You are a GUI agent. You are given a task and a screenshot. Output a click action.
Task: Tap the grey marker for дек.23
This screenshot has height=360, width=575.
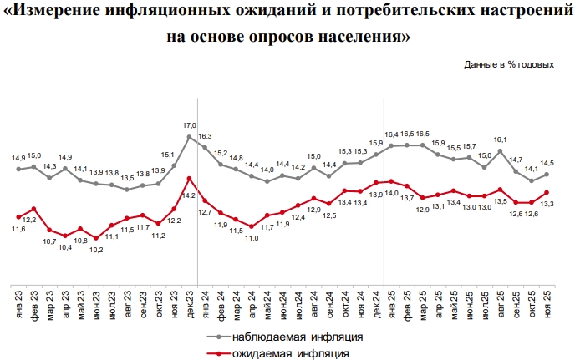pyautogui.click(x=190, y=136)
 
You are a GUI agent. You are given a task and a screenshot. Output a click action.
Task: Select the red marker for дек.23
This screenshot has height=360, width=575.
pyautogui.click(x=190, y=177)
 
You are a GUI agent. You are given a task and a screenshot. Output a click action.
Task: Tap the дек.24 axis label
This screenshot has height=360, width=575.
pyautogui.click(x=377, y=302)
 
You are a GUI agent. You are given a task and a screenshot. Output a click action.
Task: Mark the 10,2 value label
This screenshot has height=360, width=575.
pyautogui.click(x=97, y=248)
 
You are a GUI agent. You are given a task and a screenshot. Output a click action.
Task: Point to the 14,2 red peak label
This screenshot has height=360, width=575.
pyautogui.click(x=190, y=195)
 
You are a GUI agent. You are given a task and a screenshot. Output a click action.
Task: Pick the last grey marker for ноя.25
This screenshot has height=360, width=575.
pyautogui.click(x=547, y=174)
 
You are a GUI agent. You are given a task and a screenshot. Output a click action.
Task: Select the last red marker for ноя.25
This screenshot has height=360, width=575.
pyautogui.click(x=547, y=192)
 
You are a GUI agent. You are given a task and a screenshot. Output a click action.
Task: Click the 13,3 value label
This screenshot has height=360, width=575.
pyautogui.click(x=547, y=204)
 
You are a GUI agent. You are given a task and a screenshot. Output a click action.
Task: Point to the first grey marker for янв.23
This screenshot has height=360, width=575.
pyautogui.click(x=19, y=169)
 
